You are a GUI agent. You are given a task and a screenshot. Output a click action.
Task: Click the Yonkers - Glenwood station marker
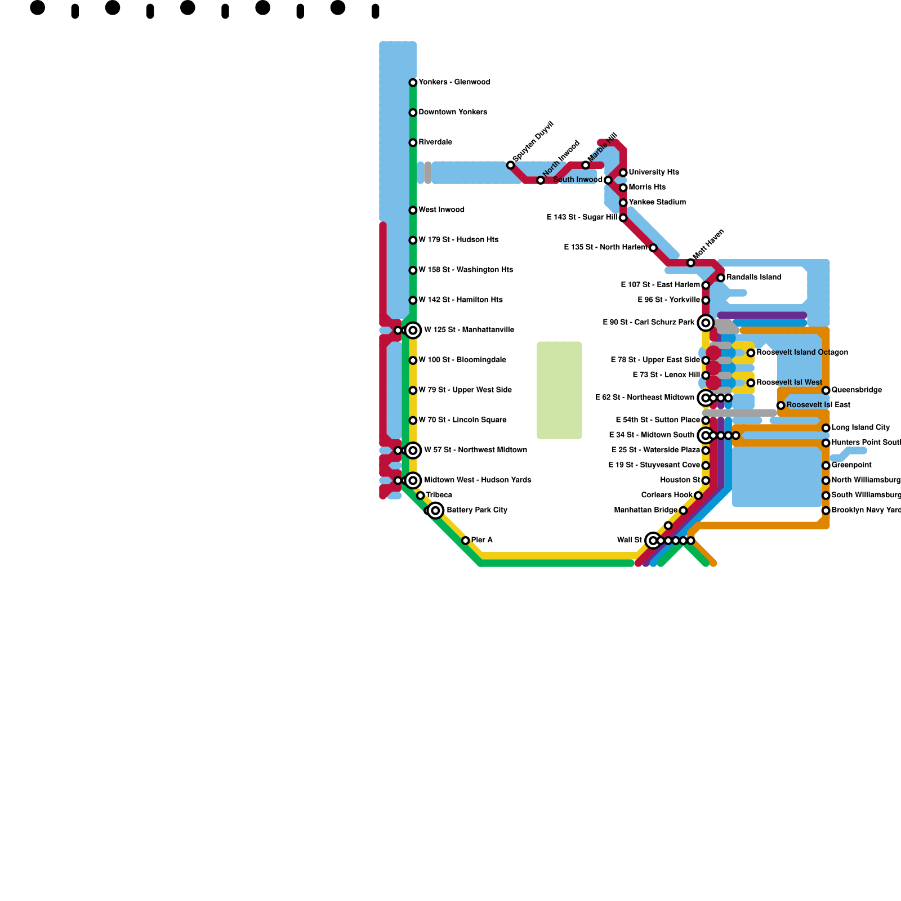pos(413,83)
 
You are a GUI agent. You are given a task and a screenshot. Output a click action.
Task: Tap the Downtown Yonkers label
pos(453,112)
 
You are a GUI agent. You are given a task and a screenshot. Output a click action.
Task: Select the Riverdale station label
pos(435,142)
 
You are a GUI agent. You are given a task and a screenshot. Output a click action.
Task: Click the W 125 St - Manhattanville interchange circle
pos(413,330)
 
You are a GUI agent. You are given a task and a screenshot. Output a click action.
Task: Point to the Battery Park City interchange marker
pos(435,511)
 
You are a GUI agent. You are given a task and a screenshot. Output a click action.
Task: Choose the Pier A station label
pos(482,540)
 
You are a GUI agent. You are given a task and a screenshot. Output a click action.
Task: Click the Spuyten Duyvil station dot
pos(510,165)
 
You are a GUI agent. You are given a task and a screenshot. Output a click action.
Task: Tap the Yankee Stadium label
pos(657,202)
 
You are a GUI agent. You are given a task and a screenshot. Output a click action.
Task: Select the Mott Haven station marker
pos(690,263)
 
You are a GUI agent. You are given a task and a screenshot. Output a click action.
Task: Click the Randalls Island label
pos(753,277)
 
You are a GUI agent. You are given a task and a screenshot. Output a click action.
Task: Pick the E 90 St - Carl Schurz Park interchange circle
pos(706,323)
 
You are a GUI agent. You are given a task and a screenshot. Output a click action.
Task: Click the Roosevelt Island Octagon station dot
pos(751,353)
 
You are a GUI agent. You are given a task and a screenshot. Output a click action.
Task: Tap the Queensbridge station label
pos(857,390)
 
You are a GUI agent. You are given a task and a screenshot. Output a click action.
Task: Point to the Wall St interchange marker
pos(653,541)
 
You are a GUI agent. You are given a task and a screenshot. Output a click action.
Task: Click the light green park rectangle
pos(559,390)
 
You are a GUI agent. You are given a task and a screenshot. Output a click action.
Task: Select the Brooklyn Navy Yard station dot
pos(826,511)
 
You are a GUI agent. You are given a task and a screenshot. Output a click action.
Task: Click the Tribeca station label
pos(439,495)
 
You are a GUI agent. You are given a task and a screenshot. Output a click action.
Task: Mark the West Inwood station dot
pos(413,210)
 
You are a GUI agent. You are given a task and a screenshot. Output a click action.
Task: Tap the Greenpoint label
pos(851,465)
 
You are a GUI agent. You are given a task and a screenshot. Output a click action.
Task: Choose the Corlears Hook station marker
pos(698,496)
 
